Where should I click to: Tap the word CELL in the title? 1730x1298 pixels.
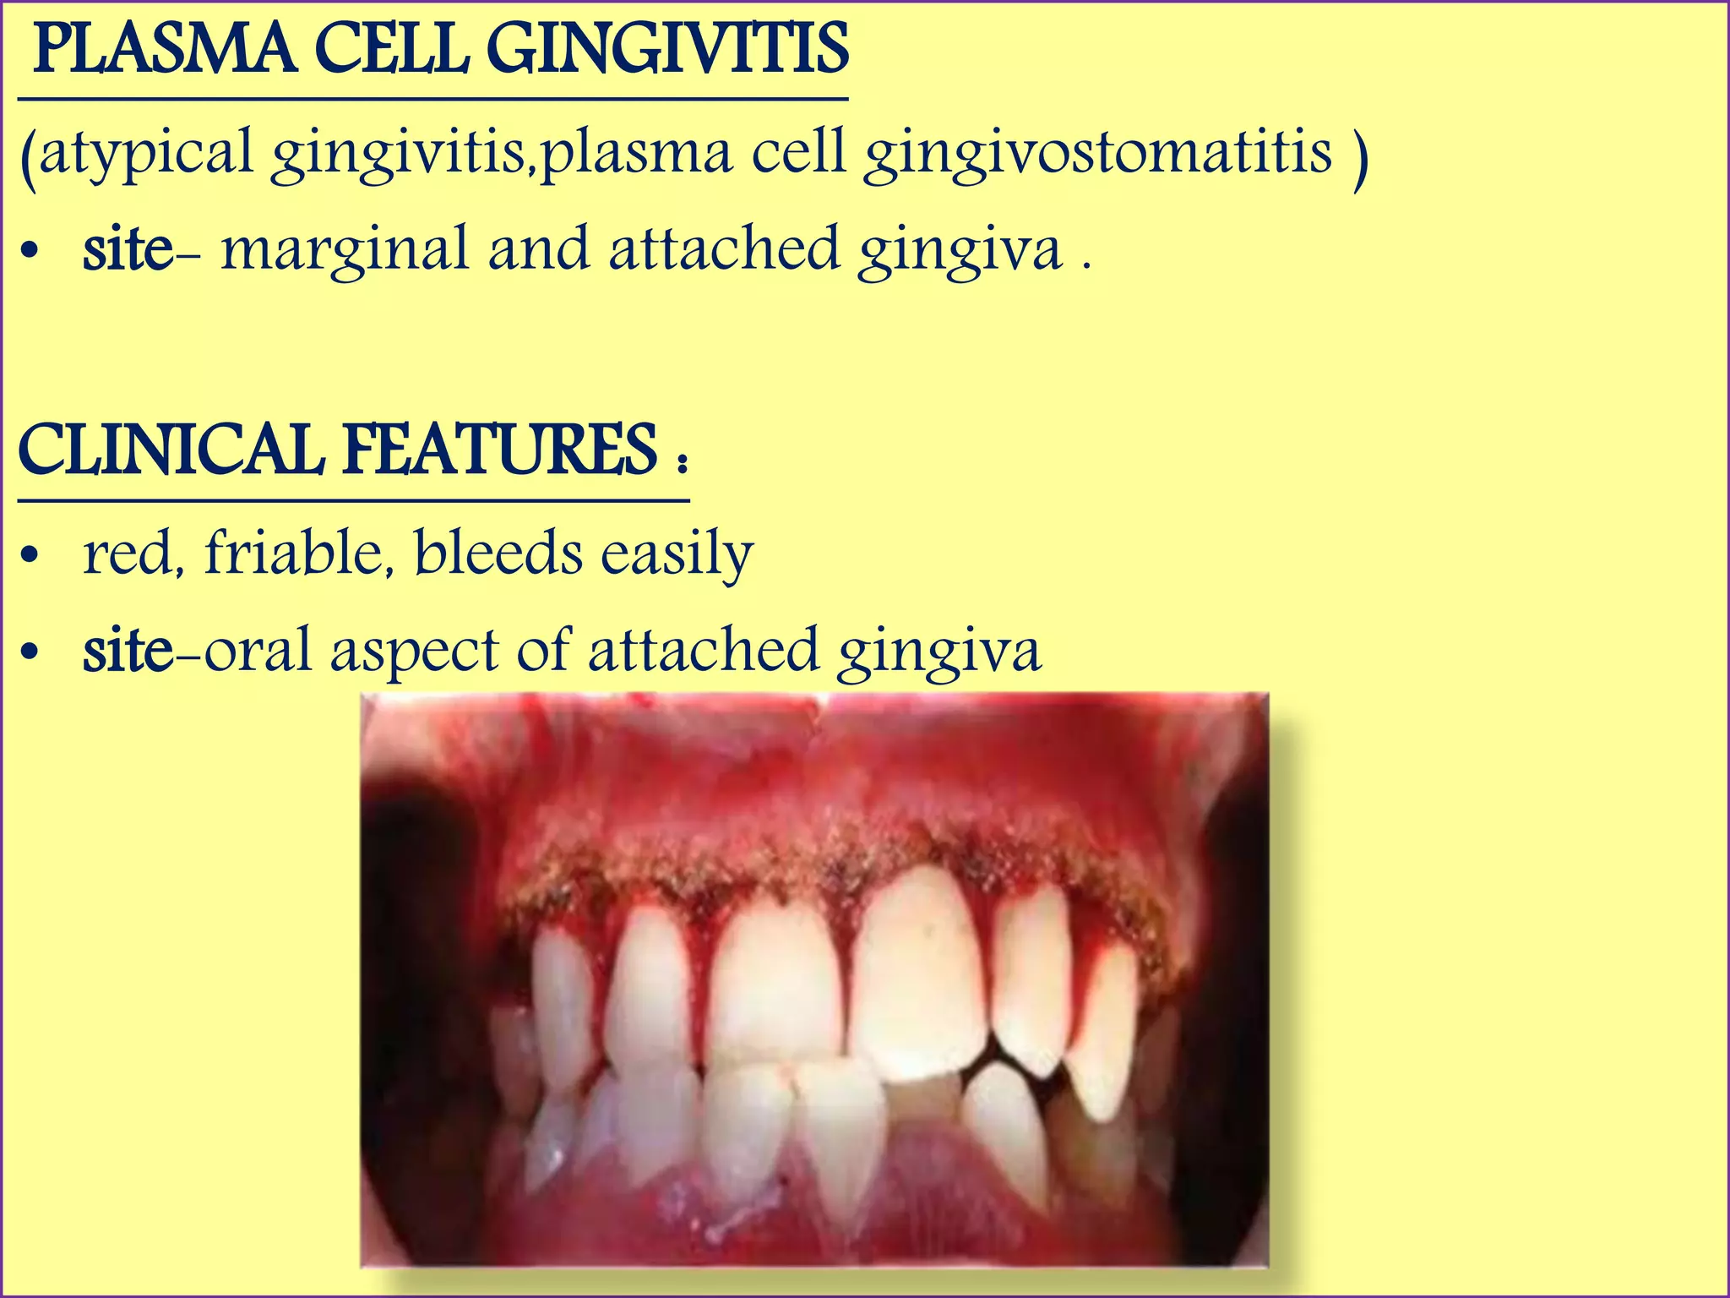(392, 51)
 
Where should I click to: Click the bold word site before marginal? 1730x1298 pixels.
(127, 249)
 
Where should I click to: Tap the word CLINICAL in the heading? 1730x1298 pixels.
(170, 451)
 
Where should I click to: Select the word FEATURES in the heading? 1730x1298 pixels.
(499, 451)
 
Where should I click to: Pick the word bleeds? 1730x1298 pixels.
(498, 554)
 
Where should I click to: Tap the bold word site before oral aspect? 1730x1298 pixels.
(127, 651)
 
